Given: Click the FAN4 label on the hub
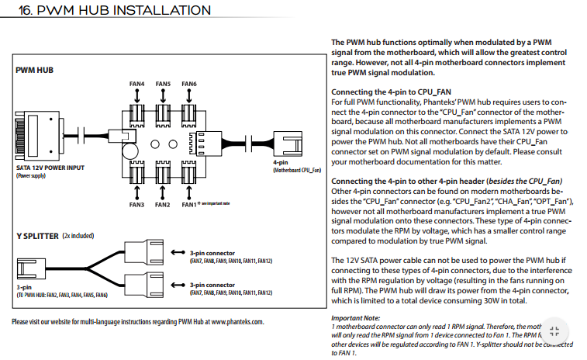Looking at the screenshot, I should [137, 84].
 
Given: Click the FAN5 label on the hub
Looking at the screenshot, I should [163, 84].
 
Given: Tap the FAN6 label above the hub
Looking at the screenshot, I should [189, 84].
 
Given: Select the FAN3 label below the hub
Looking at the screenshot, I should [137, 205].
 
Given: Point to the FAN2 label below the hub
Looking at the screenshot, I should [163, 205].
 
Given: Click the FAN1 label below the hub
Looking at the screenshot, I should [188, 205].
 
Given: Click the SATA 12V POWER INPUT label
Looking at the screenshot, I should [49, 168].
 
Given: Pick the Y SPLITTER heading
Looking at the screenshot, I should [37, 234].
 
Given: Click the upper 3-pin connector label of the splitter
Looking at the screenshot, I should [212, 253].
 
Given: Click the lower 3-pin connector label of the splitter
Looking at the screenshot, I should [212, 285].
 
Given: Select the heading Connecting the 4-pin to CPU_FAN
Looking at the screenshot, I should [391, 92].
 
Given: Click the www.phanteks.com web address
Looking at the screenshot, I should [237, 321].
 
